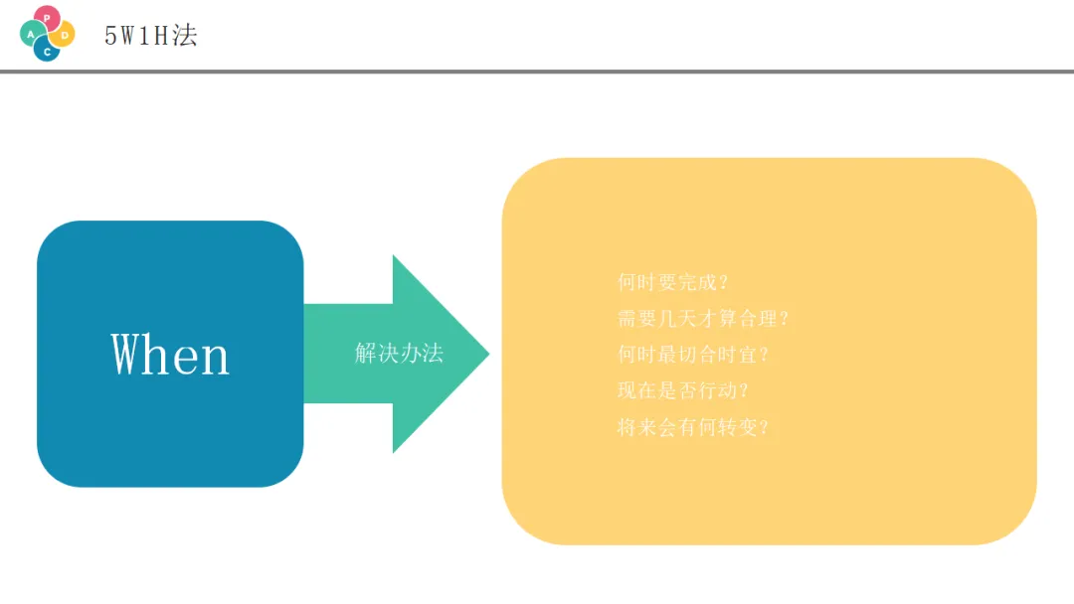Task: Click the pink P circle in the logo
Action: pyautogui.click(x=47, y=17)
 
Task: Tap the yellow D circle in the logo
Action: pyautogui.click(x=64, y=35)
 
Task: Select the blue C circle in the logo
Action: pyautogui.click(x=46, y=50)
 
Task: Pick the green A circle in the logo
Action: pyautogui.click(x=31, y=34)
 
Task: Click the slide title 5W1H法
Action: pyautogui.click(x=151, y=36)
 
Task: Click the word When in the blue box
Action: pyautogui.click(x=170, y=355)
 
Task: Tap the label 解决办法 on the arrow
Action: pyautogui.click(x=399, y=353)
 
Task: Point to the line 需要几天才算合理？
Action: pyautogui.click(x=703, y=319)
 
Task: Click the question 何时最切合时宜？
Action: pyautogui.click(x=693, y=355)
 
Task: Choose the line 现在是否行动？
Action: pyautogui.click(x=683, y=390)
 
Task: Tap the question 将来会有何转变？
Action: pyautogui.click(x=693, y=428)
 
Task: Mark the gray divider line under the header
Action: pyautogui.click(x=537, y=72)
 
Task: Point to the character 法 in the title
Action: pyautogui.click(x=185, y=36)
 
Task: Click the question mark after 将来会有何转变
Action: pyautogui.click(x=764, y=428)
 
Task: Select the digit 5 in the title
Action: pyautogui.click(x=110, y=37)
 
